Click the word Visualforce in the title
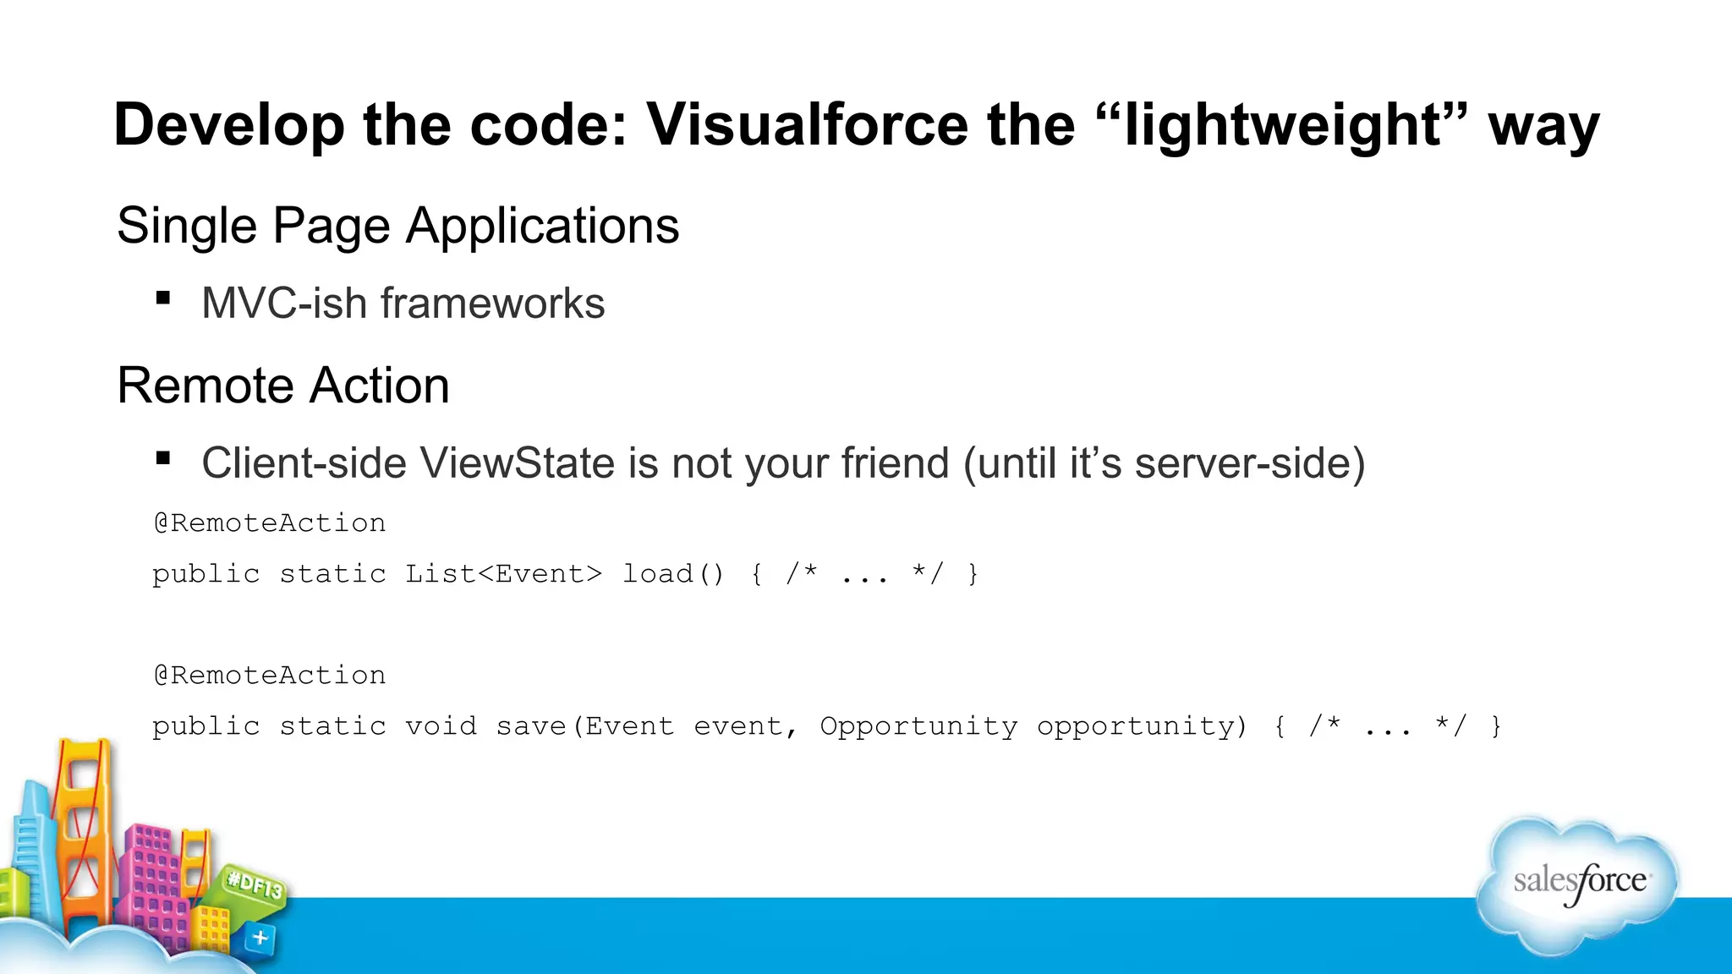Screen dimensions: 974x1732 click(x=807, y=125)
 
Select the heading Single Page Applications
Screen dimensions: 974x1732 click(x=397, y=226)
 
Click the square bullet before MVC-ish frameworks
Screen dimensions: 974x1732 click(x=163, y=298)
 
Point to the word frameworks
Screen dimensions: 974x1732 click(x=492, y=304)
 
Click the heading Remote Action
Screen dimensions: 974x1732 click(x=282, y=386)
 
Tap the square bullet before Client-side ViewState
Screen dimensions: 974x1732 click(x=163, y=458)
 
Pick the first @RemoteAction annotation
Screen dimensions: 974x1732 click(x=269, y=523)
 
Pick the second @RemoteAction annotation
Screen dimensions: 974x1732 click(x=269, y=676)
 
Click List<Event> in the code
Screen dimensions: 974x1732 click(x=503, y=574)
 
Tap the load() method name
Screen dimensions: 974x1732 click(x=673, y=574)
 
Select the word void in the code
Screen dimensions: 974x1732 click(x=441, y=726)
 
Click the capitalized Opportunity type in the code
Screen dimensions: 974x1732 click(x=918, y=726)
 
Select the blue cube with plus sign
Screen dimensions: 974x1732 click(x=260, y=938)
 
